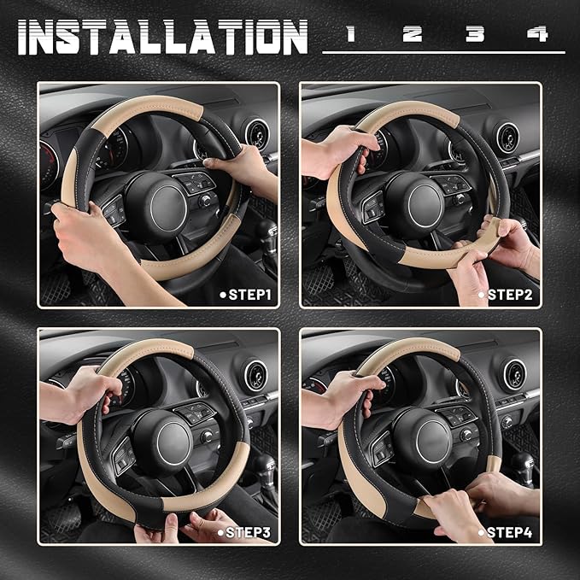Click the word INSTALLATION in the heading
coord(162,37)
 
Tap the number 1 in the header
coord(349,34)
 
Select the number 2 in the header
coord(412,34)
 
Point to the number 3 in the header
coord(475,34)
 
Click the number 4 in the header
coord(537,34)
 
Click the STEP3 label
coord(249,532)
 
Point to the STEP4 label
coord(510,532)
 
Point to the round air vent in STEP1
coord(255,133)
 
